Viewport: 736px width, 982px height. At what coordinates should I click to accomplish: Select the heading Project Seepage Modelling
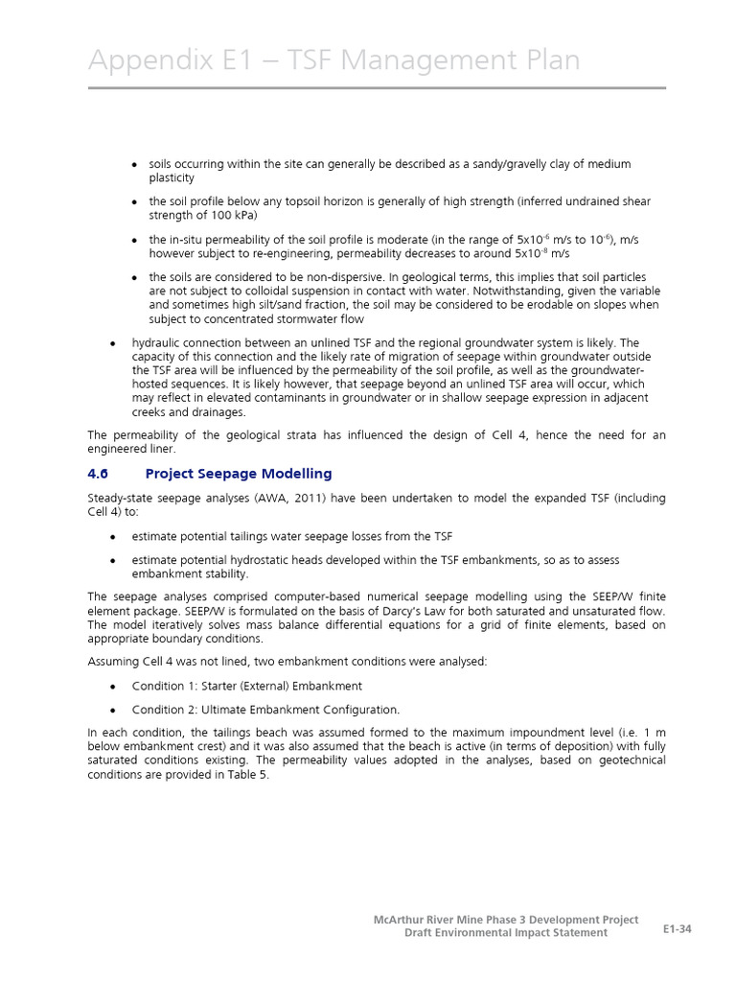[x=239, y=473]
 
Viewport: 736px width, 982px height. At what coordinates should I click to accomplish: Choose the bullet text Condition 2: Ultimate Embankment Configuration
[x=265, y=710]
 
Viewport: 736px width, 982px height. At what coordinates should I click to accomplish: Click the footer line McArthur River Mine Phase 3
[x=506, y=920]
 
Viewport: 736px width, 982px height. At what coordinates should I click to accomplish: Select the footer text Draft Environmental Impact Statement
[x=505, y=933]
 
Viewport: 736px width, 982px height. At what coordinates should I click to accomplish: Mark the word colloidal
[x=293, y=291]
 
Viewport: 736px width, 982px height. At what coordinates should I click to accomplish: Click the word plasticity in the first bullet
[x=172, y=177]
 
